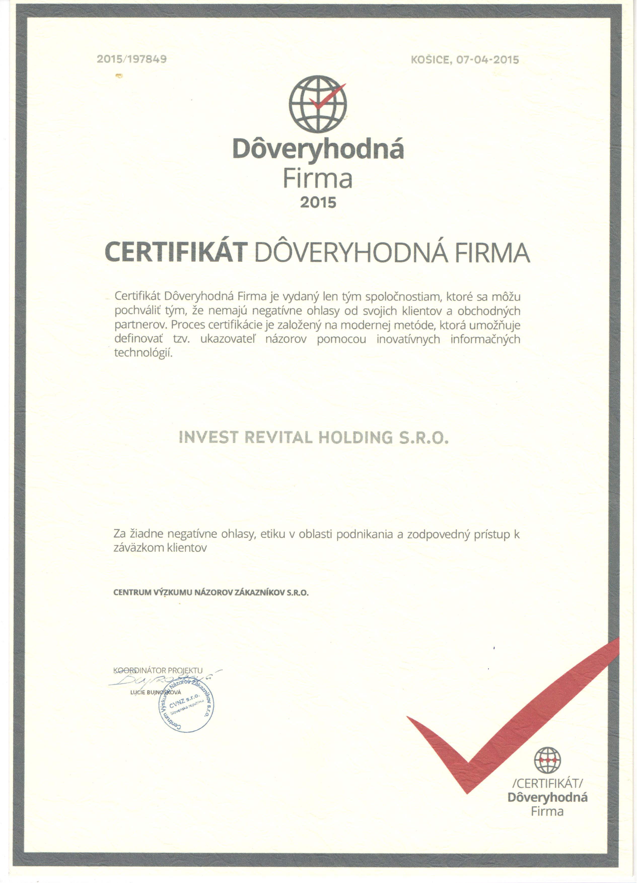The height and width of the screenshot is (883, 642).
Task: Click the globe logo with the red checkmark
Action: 318,104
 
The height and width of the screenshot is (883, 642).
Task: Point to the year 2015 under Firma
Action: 318,202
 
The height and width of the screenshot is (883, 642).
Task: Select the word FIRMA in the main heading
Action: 492,252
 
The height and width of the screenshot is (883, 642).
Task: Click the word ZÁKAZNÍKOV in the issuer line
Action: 258,593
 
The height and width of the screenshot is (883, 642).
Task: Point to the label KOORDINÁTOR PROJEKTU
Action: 158,670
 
